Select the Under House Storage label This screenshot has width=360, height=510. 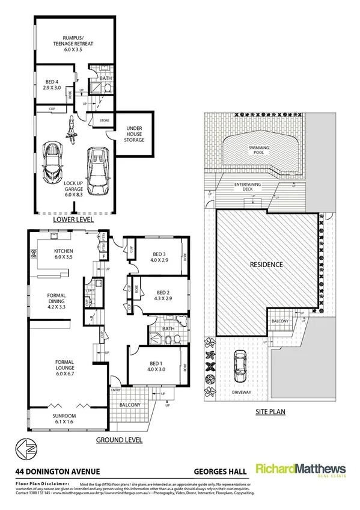pos(134,134)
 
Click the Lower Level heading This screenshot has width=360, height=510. pos(73,220)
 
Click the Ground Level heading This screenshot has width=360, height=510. pos(119,440)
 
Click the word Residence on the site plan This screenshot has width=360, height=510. pos(266,264)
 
